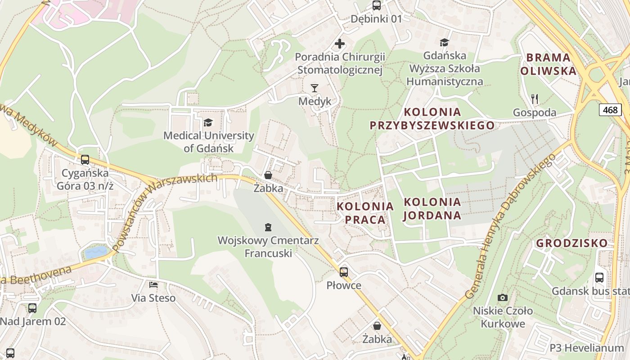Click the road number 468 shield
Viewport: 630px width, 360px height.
[610, 109]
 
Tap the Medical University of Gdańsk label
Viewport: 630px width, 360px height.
[208, 142]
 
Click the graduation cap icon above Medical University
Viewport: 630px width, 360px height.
[208, 122]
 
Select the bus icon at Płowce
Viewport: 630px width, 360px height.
[344, 272]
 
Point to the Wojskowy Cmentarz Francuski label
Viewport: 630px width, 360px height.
[268, 247]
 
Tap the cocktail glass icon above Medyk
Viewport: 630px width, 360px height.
[315, 88]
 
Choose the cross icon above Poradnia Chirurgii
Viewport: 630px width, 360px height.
[340, 44]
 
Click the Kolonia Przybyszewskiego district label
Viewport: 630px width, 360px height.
[432, 118]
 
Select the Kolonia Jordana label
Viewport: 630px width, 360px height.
[432, 208]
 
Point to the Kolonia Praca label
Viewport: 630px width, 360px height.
[365, 213]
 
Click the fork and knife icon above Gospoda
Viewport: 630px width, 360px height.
[535, 99]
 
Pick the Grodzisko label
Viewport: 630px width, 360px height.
[571, 243]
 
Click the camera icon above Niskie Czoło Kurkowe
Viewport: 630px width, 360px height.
[503, 297]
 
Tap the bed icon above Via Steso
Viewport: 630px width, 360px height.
[153, 284]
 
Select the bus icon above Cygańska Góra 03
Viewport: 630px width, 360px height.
[85, 159]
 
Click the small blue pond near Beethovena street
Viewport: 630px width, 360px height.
[96, 252]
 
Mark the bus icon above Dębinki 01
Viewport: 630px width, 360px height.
[376, 5]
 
